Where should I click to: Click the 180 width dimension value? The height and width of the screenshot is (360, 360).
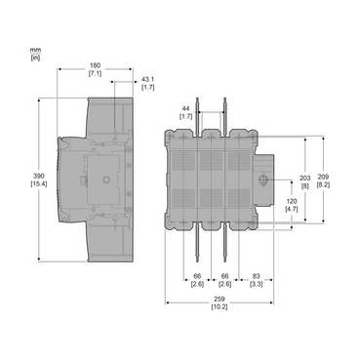[x=96, y=65]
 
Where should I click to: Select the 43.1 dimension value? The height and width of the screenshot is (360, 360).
[x=148, y=79]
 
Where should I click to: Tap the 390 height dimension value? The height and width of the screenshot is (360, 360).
[x=39, y=177]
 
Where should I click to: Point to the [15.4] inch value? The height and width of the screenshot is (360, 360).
[x=39, y=184]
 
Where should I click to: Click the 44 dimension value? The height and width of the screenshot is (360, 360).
[x=185, y=108]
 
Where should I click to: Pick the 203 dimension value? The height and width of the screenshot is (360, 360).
[x=305, y=179]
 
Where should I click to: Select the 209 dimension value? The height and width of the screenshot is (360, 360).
[x=324, y=178]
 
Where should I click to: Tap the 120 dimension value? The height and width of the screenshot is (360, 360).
[x=292, y=202]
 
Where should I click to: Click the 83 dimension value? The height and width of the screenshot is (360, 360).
[x=257, y=276]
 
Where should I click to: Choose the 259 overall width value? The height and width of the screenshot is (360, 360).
[x=220, y=300]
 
